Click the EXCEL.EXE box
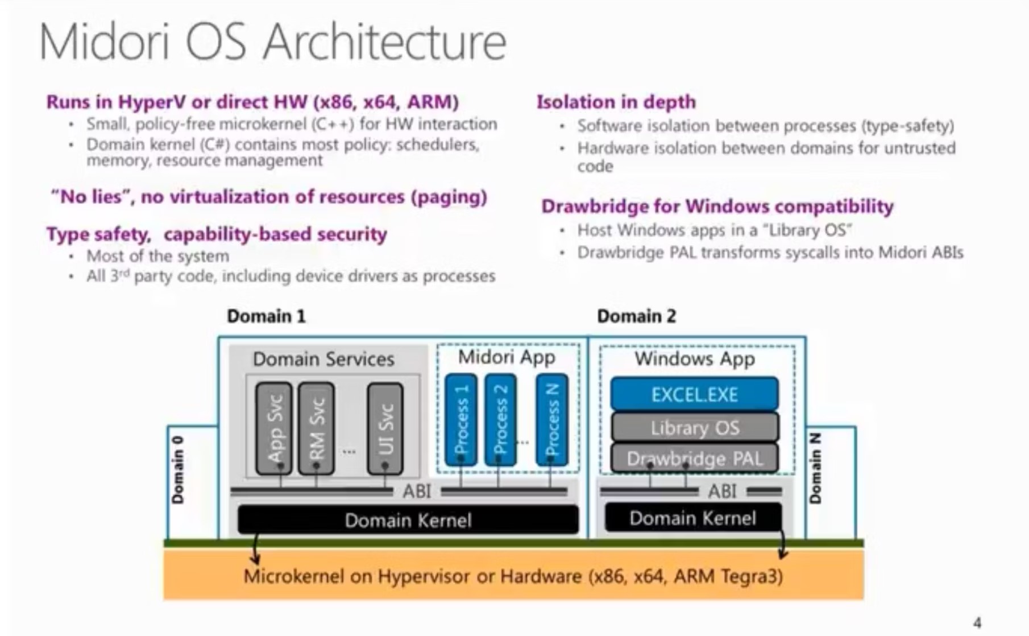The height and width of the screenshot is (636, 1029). pyautogui.click(x=694, y=394)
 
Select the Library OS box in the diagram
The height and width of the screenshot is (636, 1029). pyautogui.click(x=694, y=427)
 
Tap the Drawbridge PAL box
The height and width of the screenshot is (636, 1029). pyautogui.click(x=694, y=459)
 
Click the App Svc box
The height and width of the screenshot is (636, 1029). pyautogui.click(x=274, y=428)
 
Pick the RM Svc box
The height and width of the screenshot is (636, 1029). pyautogui.click(x=316, y=428)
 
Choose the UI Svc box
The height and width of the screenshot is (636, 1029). pyautogui.click(x=385, y=428)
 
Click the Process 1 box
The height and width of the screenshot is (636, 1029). pyautogui.click(x=461, y=420)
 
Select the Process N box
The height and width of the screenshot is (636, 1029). pyautogui.click(x=551, y=420)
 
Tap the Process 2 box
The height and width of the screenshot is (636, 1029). pyautogui.click(x=500, y=420)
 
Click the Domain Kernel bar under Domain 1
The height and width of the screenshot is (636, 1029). pyautogui.click(x=408, y=520)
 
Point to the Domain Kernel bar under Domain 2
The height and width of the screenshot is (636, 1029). pyautogui.click(x=692, y=518)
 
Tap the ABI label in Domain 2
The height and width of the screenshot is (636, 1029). pyautogui.click(x=722, y=491)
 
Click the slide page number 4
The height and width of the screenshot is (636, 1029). pyautogui.click(x=977, y=622)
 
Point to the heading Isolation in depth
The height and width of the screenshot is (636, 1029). pyautogui.click(x=616, y=102)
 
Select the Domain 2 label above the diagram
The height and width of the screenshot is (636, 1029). pyautogui.click(x=636, y=316)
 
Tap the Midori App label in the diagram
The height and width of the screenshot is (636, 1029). pyautogui.click(x=507, y=357)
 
